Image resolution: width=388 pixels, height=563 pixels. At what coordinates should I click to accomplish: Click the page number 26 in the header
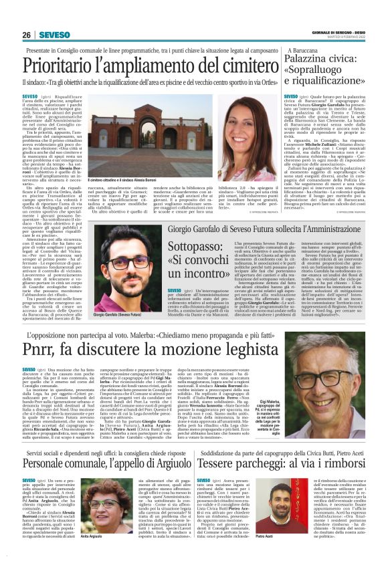(27, 34)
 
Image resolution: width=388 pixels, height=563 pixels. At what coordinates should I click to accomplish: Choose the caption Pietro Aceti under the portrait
(265, 554)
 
